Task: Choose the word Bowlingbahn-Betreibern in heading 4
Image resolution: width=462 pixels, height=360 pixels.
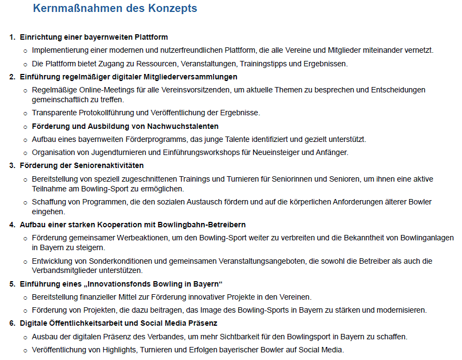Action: pos(203,225)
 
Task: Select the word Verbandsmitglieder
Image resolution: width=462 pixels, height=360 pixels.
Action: pos(64,270)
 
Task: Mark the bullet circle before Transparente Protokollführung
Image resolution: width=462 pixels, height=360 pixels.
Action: pos(25,113)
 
